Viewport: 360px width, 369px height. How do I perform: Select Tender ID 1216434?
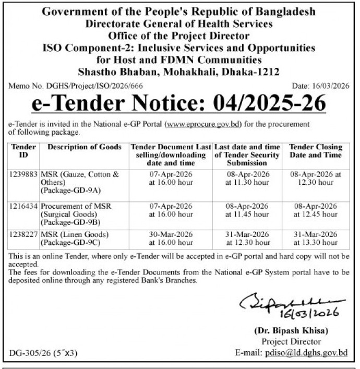tap(23, 207)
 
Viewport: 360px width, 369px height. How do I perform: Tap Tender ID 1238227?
tap(23, 235)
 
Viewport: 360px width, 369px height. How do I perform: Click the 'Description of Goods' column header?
tap(85, 147)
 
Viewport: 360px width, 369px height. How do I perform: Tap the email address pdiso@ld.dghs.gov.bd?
tap(305, 353)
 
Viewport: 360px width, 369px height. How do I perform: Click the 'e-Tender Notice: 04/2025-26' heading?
tap(179, 103)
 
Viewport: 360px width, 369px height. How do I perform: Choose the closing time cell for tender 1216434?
tap(315, 210)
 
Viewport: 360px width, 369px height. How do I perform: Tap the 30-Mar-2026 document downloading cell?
tap(171, 239)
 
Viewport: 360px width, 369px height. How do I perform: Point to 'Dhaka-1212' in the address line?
tap(250, 72)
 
